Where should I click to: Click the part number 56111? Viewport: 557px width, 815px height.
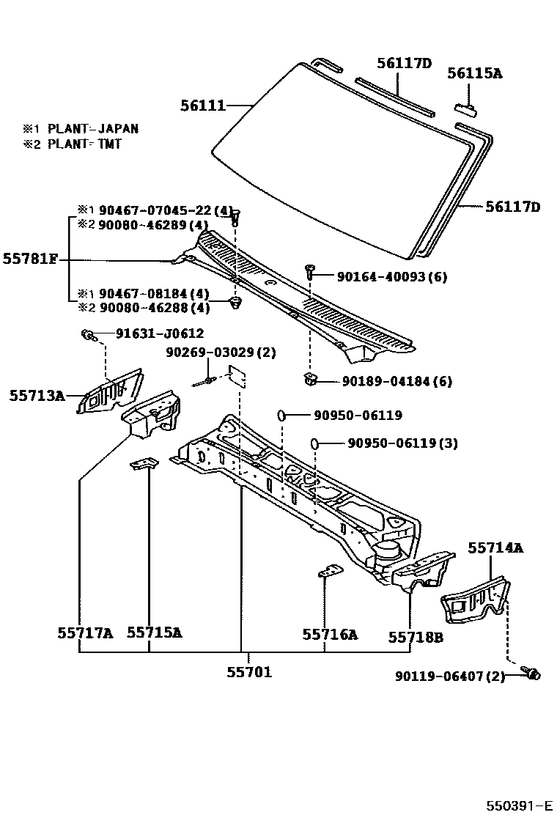pos(202,106)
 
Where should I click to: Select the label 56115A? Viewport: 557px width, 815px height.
pos(475,73)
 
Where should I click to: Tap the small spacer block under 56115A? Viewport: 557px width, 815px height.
pos(466,110)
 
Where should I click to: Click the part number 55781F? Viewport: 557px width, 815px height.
pos(30,258)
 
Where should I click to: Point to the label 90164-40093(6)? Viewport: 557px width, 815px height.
pos(391,276)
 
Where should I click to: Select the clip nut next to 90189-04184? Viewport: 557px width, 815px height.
pos(310,379)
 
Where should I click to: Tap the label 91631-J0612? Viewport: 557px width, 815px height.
pos(159,333)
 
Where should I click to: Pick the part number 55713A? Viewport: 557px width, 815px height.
pos(36,396)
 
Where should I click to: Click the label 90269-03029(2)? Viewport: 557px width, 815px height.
pos(221,353)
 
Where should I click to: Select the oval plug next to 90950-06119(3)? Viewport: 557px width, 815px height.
pos(314,443)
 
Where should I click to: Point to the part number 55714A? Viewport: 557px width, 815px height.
pos(495,547)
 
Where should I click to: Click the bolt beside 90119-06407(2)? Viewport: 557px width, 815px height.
pos(531,673)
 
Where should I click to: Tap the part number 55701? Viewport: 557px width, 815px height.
pos(248,671)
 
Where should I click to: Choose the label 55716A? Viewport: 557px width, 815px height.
pos(330,635)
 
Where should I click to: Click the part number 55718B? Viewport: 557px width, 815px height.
pos(416,637)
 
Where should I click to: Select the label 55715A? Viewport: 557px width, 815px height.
pos(154,632)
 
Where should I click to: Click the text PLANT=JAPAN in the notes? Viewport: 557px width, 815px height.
pos(93,128)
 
